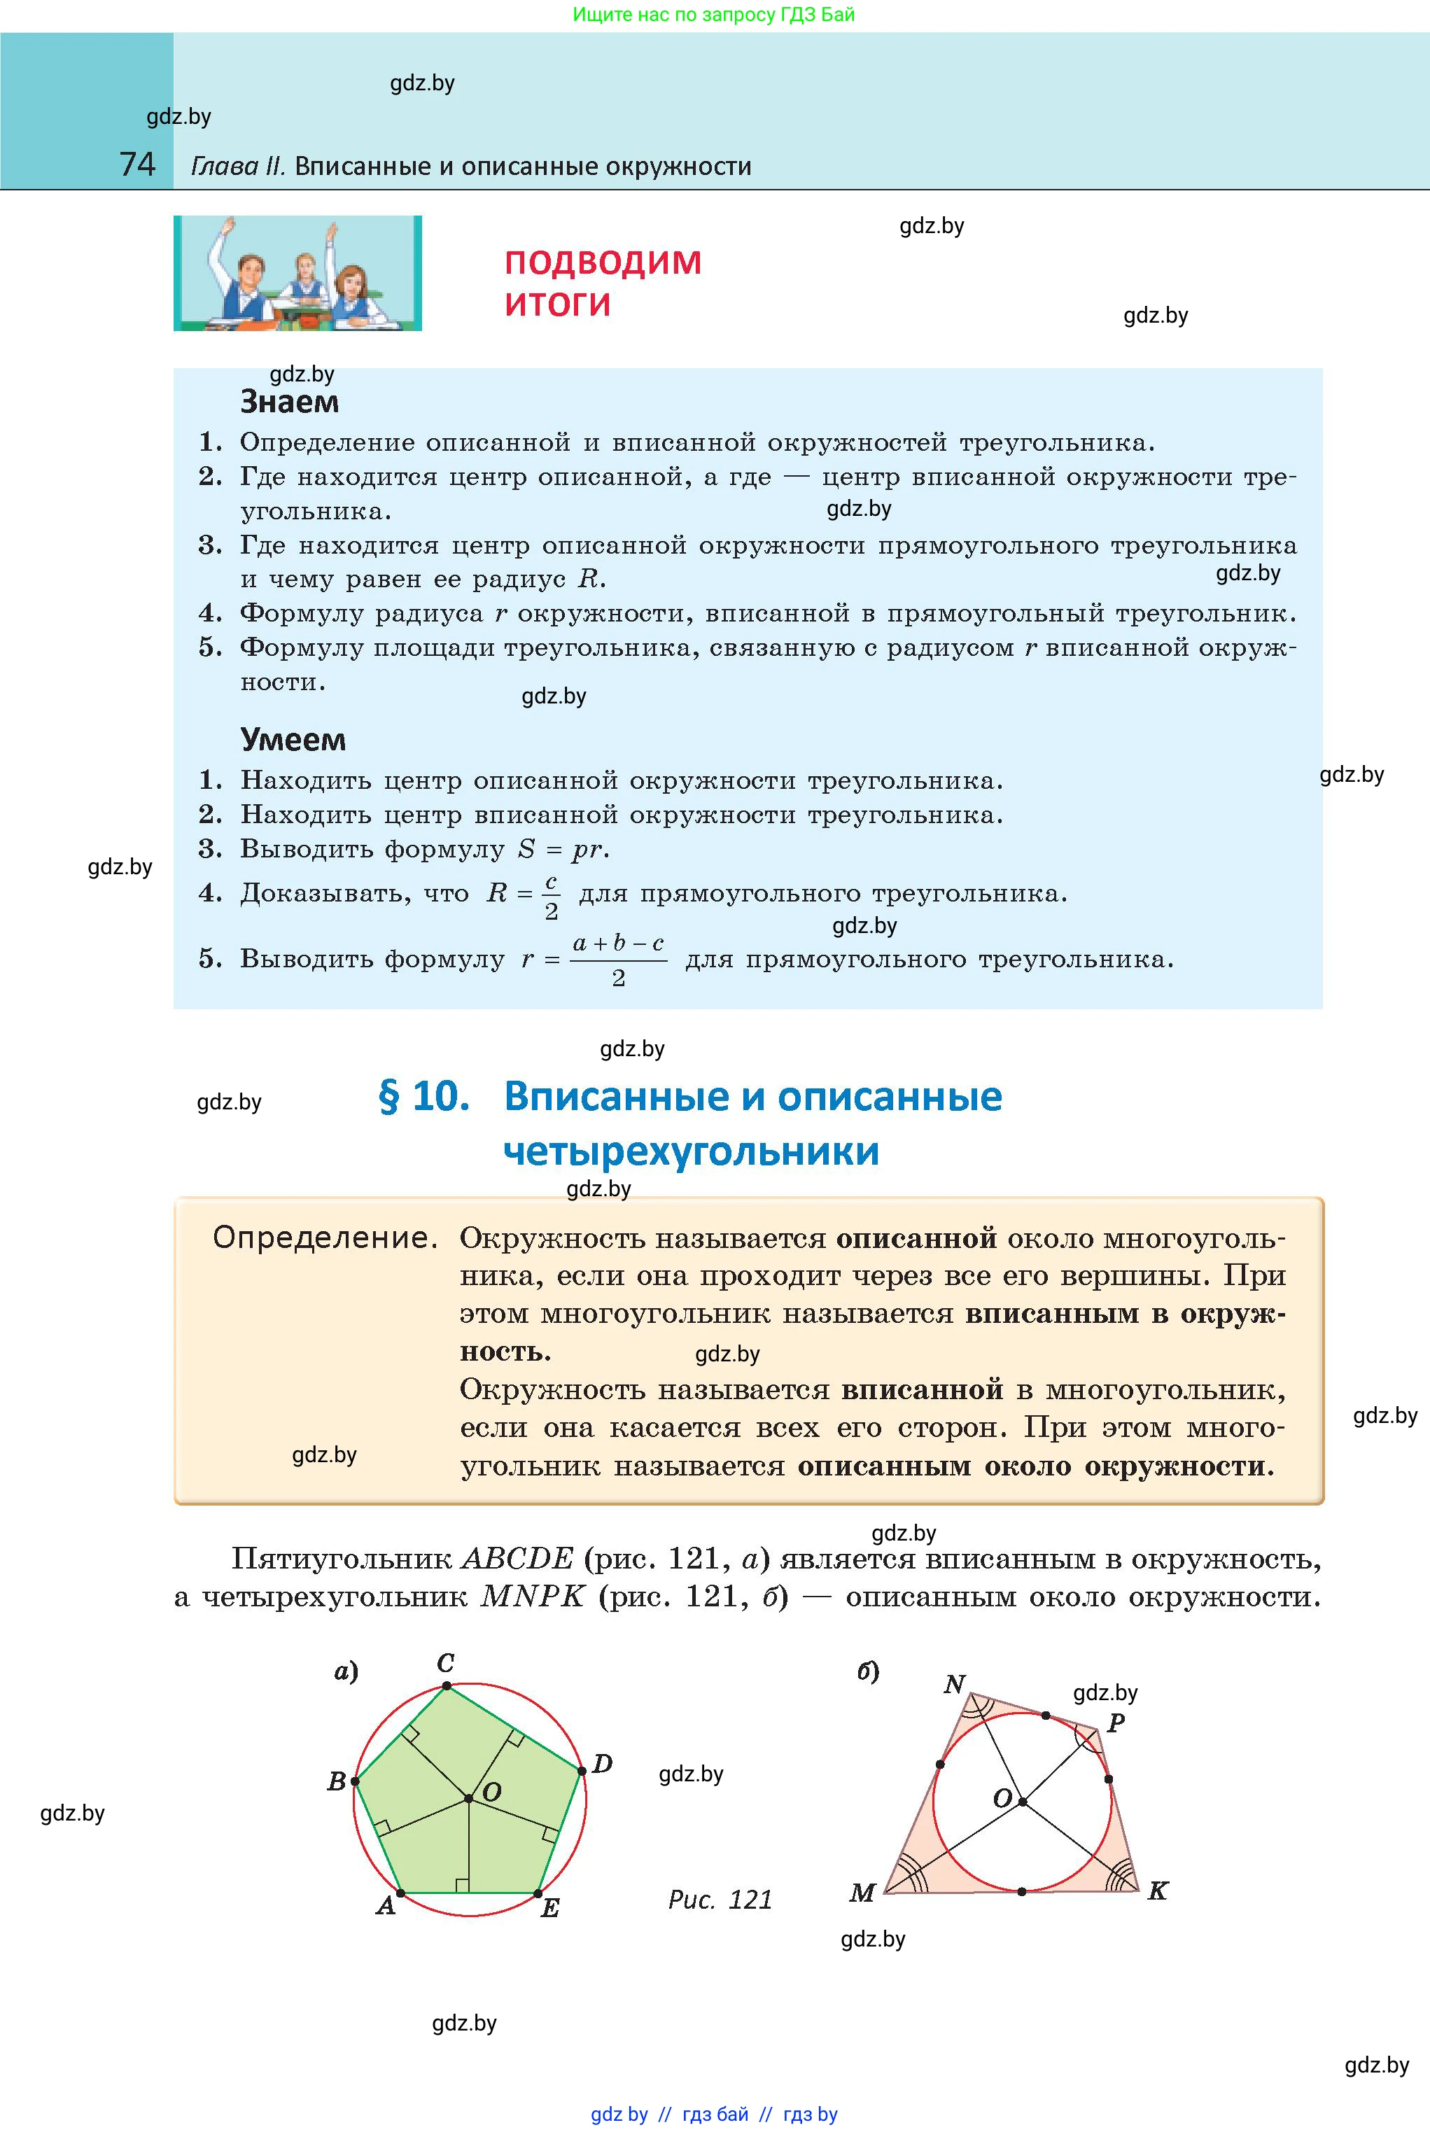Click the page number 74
138,164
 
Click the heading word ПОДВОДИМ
603,262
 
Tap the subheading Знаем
289,401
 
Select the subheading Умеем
293,740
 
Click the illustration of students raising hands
297,273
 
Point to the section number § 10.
424,1096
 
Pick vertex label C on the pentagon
446,1662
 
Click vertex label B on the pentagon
337,1781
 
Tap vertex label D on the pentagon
602,1764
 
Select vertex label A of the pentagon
386,1906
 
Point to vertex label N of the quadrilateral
954,1683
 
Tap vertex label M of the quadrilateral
862,1893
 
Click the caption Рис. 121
720,1900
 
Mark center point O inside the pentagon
469,1798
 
